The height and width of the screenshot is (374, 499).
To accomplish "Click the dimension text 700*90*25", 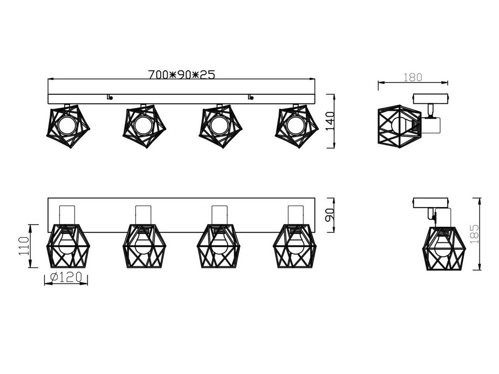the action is click(181, 74).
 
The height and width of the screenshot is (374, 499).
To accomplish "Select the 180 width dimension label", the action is click(413, 77).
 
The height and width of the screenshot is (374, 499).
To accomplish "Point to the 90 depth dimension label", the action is click(329, 215).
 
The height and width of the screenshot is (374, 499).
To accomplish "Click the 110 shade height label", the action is click(24, 246).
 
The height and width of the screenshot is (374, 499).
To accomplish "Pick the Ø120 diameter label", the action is click(66, 277).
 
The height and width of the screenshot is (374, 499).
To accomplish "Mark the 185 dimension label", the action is click(474, 234).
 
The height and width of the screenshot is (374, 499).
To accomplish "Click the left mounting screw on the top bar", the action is click(110, 98).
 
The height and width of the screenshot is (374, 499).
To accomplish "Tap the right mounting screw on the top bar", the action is click(251, 98).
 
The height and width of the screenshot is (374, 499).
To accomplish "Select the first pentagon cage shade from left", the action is click(68, 126).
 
